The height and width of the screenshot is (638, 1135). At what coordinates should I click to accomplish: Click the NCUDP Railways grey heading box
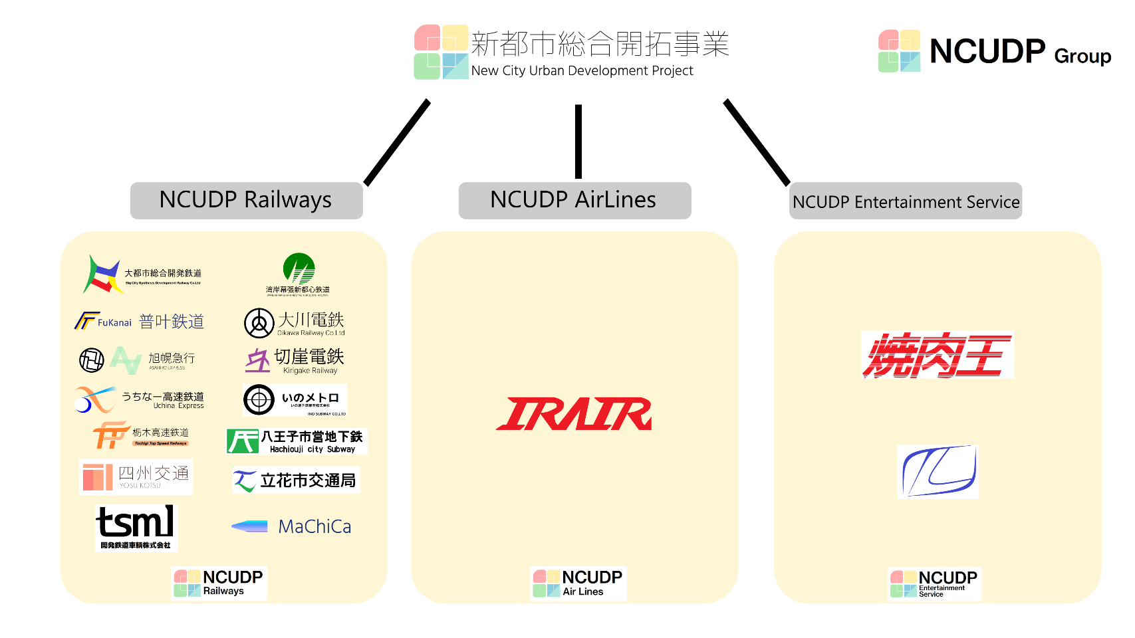246,200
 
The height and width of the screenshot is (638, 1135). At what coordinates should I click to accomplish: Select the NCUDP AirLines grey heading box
574,200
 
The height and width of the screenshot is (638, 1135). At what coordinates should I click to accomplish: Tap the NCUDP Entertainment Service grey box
905,201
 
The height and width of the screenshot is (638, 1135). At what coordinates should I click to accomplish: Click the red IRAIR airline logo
574,413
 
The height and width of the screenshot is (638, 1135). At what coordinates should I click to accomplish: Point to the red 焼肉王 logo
937,355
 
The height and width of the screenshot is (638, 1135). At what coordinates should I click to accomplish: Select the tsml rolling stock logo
136,527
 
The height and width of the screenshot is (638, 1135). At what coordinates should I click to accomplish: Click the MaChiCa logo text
315,526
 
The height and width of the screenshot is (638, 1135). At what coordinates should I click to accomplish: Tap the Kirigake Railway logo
295,360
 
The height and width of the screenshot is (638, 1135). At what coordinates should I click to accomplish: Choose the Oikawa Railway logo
295,323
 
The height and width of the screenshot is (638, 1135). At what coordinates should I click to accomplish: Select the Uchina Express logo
140,399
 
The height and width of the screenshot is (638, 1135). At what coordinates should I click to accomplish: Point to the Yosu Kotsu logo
136,477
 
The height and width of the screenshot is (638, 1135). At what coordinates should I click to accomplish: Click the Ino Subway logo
295,400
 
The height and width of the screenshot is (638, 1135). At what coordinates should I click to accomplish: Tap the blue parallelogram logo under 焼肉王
938,471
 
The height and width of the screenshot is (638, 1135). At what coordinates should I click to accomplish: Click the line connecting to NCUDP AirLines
578,141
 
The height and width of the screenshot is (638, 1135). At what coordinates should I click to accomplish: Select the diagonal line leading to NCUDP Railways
397,142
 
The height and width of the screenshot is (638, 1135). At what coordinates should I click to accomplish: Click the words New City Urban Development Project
582,70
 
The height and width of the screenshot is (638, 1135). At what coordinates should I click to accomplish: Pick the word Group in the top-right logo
1082,56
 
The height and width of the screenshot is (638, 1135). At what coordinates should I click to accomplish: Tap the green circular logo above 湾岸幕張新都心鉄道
299,268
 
